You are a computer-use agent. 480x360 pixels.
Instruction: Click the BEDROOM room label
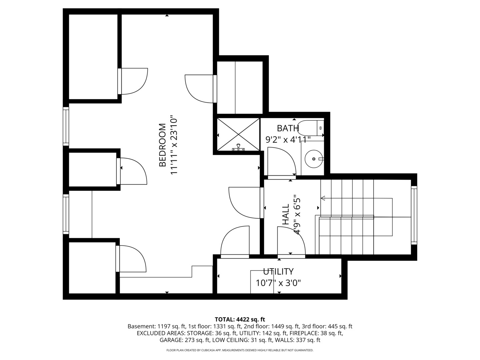(x=162, y=145)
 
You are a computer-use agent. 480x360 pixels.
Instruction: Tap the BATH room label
(x=288, y=128)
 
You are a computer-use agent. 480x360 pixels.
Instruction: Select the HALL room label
(x=286, y=214)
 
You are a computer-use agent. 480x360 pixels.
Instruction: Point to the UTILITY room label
(x=278, y=272)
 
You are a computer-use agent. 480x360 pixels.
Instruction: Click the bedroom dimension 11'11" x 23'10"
(x=174, y=145)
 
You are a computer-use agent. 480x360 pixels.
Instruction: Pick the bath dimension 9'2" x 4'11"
(x=288, y=140)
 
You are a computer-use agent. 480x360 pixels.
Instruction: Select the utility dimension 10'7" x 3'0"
(x=278, y=283)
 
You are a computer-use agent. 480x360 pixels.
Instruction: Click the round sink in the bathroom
(x=314, y=159)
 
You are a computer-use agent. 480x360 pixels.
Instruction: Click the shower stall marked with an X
(x=238, y=134)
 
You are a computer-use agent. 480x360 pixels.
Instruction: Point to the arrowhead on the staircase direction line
(x=323, y=198)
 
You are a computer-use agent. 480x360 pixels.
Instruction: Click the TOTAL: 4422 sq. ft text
(x=240, y=320)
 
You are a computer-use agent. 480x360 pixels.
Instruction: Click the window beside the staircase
(x=414, y=215)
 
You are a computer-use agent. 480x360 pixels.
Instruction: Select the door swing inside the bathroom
(x=282, y=161)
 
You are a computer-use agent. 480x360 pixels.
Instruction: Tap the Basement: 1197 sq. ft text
(x=169, y=327)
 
